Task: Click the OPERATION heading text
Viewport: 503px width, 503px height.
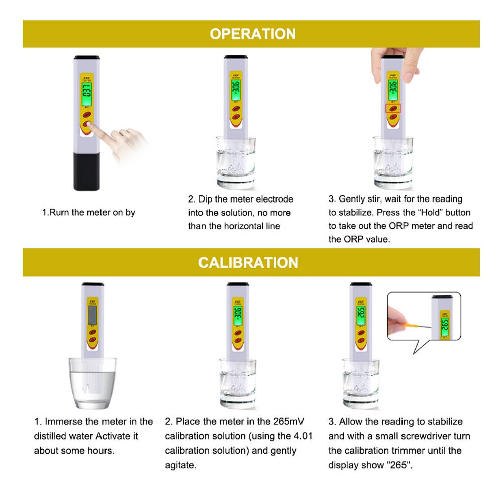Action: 252,34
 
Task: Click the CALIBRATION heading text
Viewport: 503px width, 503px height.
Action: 248,262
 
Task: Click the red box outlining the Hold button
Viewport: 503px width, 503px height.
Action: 393,108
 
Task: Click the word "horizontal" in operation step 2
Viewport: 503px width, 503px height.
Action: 246,226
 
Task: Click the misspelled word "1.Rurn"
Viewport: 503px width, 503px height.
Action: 54,213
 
